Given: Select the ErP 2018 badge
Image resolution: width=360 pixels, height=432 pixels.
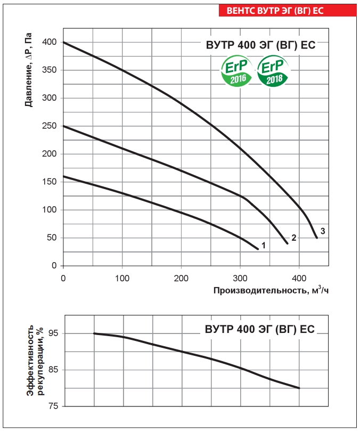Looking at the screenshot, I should pos(274,72).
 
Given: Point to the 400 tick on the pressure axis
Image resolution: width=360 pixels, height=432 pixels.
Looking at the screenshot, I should pos(50,42).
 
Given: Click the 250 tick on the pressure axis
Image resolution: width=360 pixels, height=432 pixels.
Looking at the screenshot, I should pos(50,126).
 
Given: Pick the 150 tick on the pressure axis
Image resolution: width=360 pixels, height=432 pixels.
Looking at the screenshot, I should pos(50,182).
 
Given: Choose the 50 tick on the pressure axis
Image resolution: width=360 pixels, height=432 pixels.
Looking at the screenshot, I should pos(52,238).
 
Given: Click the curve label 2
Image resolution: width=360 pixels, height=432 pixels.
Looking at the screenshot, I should pos(293,238).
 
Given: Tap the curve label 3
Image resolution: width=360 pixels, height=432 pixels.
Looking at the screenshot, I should pos(323,230).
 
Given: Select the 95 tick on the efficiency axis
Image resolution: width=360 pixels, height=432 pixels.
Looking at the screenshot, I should pos(53,333).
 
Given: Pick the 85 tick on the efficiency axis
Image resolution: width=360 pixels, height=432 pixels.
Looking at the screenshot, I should pos(53,370).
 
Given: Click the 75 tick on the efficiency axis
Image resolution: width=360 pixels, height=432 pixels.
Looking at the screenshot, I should pos(53,406).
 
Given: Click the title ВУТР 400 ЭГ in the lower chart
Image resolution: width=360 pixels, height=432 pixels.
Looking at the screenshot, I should pos(260,329).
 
